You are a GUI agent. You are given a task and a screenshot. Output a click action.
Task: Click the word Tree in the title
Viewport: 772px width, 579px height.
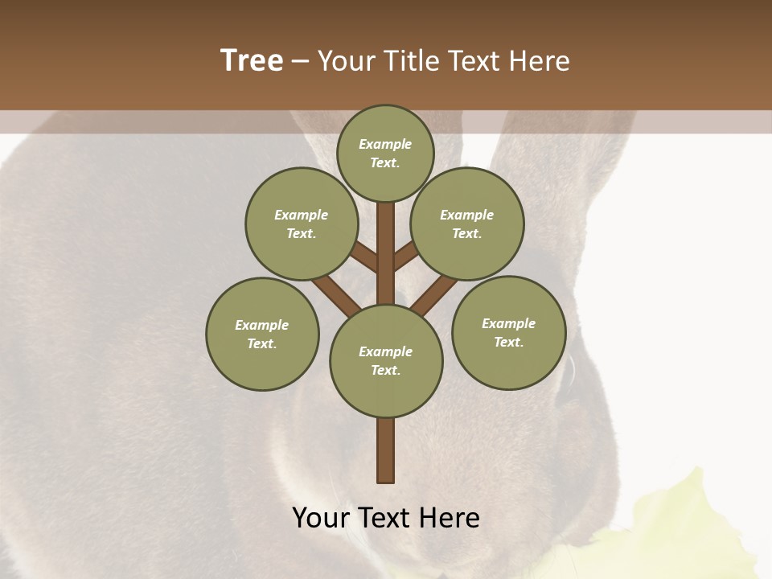(252, 60)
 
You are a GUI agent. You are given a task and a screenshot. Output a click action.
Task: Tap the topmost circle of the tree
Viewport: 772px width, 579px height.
(385, 153)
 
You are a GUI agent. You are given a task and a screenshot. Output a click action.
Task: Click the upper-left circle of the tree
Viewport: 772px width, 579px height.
(301, 224)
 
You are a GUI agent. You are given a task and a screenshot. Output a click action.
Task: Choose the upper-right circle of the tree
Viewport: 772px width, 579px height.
(466, 224)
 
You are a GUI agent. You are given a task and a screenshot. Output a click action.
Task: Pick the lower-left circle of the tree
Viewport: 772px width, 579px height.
(262, 334)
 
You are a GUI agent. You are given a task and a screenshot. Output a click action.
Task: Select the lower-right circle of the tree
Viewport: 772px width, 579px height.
(508, 332)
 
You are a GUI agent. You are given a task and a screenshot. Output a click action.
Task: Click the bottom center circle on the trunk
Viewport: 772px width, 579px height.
(386, 361)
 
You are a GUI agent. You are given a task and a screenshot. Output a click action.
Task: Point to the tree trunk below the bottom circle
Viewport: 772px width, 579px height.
(385, 450)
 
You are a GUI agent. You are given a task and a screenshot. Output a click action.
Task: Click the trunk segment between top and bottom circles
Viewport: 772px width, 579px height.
(385, 253)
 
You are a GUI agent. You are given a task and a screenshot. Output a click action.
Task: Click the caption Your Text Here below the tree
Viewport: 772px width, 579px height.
(385, 517)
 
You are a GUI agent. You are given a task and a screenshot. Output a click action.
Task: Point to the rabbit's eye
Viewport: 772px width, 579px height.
(569, 370)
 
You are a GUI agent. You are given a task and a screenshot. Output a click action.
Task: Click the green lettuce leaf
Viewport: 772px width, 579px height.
(684, 523)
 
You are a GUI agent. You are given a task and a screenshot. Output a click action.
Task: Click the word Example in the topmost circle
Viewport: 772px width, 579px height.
(385, 144)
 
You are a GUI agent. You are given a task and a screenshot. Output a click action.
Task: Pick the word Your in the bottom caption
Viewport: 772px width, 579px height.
(321, 517)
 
